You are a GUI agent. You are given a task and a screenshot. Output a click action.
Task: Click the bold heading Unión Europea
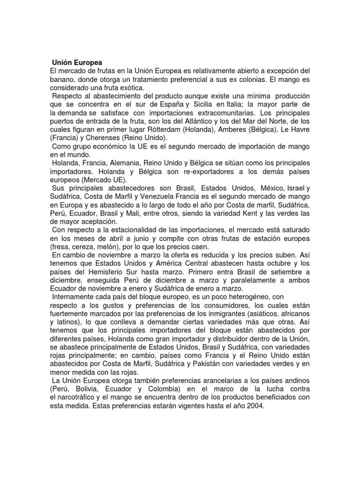[77, 62]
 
